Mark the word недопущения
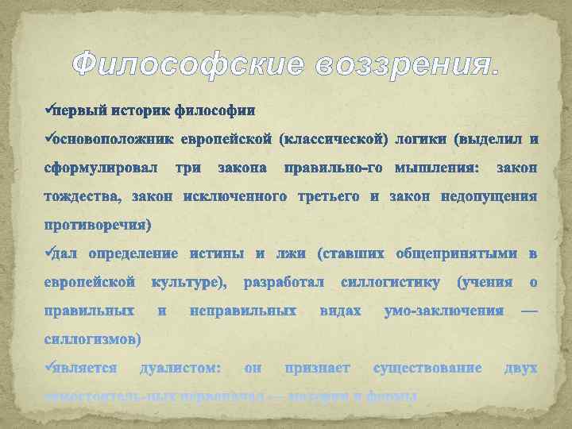490,196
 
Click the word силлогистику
390,282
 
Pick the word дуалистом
180,368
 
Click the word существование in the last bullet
427,368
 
